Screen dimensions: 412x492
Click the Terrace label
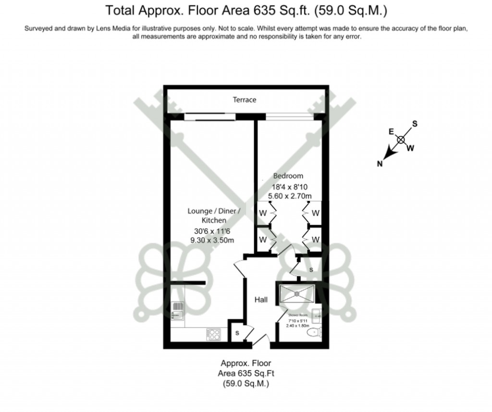point(245,100)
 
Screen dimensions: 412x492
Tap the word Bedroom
point(288,176)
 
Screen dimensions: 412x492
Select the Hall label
point(261,300)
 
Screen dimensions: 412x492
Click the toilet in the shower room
point(315,332)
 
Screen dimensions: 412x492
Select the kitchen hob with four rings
point(213,334)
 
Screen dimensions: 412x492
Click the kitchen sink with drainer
point(178,310)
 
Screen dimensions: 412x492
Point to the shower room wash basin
point(318,315)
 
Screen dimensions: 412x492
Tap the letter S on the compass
point(415,124)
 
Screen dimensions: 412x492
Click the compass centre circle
point(401,140)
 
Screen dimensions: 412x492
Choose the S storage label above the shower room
point(311,270)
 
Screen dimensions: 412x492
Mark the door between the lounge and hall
point(240,268)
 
